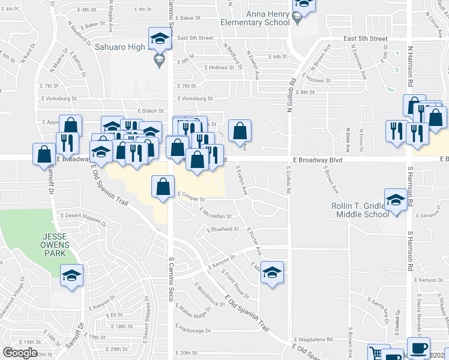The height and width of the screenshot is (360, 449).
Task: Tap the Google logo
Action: pos(20,353)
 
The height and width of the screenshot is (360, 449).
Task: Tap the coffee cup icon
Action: pos(418,349)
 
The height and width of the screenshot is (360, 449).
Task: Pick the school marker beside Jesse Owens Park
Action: pos(72,275)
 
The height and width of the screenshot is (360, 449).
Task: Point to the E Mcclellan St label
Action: pos(208,216)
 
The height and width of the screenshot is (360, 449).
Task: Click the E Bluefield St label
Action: pos(223,229)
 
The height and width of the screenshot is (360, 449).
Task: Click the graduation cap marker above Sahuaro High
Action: pos(160,39)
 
